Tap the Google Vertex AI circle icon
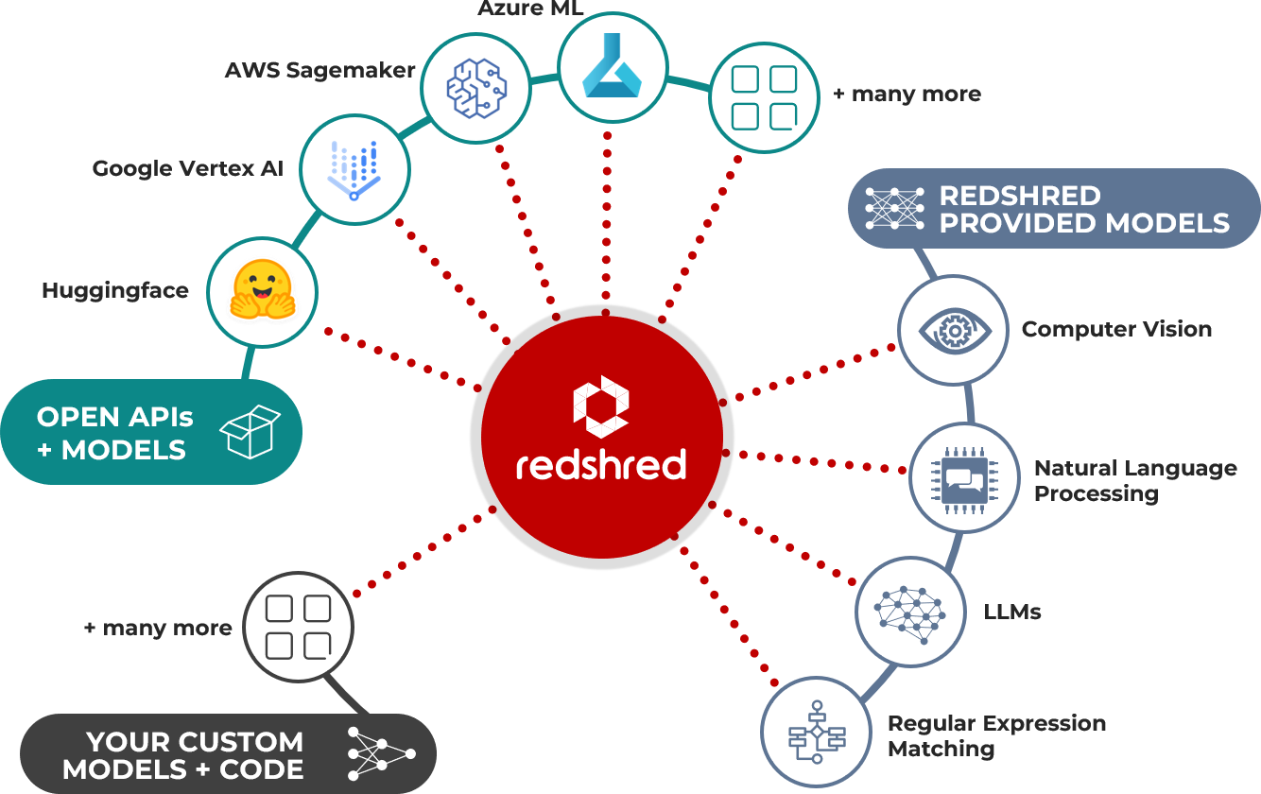click(354, 170)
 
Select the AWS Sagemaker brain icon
click(476, 88)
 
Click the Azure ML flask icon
click(606, 69)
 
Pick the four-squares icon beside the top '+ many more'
click(764, 96)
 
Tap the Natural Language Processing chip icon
click(964, 477)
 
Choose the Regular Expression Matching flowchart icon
click(816, 735)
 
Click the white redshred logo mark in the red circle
click(601, 406)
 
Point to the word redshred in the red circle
click(601, 465)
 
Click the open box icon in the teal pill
click(250, 432)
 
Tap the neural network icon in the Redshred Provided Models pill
click(894, 209)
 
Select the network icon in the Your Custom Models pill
click(381, 754)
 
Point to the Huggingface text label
click(115, 291)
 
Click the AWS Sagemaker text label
click(320, 71)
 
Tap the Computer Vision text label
click(1116, 330)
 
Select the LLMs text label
click(1012, 613)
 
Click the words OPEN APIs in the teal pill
click(115, 417)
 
